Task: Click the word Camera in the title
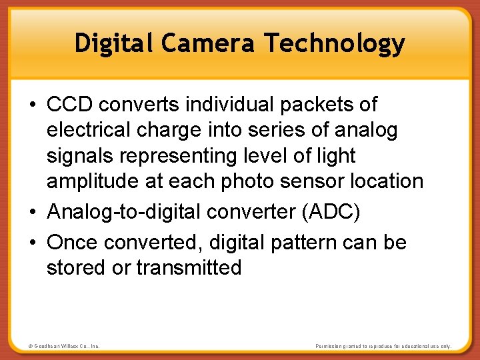coord(207,43)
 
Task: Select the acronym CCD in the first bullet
coord(69,104)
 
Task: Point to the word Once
coord(72,242)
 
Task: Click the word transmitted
coord(189,267)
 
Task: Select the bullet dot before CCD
coord(33,105)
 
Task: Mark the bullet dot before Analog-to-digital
coord(33,213)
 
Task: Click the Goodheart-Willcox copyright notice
coord(63,347)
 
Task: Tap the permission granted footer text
coord(383,347)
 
